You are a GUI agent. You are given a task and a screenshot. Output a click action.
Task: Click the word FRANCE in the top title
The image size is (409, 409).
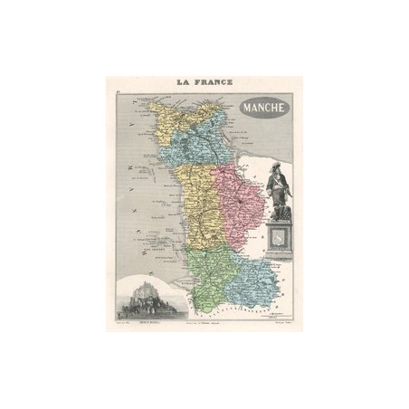click(x=213, y=82)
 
